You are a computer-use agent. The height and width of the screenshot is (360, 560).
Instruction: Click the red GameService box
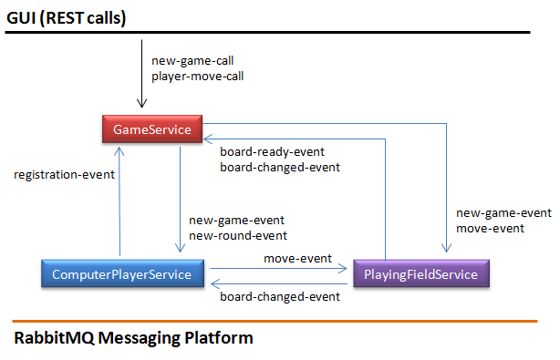[152, 129]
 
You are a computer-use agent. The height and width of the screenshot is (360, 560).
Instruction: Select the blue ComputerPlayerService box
[122, 273]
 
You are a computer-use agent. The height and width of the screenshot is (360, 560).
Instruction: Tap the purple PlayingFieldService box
[421, 273]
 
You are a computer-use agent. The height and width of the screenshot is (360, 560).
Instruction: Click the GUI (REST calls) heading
[66, 18]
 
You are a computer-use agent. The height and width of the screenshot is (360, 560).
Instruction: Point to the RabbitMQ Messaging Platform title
[133, 338]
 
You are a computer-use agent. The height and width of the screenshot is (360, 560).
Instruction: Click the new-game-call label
[192, 61]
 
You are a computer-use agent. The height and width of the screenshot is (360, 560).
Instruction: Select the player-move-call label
[198, 76]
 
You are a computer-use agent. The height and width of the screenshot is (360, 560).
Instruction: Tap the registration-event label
[64, 174]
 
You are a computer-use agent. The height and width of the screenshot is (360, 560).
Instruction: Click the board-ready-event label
[272, 151]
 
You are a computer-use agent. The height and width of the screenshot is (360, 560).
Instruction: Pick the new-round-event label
[238, 235]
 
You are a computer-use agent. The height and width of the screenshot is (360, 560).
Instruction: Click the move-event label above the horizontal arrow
[298, 258]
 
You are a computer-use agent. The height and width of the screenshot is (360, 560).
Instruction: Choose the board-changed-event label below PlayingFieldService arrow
[280, 296]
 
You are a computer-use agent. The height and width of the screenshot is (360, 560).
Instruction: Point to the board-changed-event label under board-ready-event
[280, 167]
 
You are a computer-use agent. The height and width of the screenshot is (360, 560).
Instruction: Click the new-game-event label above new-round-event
[236, 221]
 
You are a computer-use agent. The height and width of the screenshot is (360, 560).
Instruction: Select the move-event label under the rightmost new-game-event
[490, 229]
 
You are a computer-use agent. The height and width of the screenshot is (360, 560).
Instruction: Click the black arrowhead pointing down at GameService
[141, 104]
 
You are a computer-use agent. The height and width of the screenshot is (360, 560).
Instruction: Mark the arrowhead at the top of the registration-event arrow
[119, 151]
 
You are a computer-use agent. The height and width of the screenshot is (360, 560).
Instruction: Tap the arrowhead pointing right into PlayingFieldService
[343, 268]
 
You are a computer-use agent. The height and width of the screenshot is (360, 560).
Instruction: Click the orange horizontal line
[275, 322]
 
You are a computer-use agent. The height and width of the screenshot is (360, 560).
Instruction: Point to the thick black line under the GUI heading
[267, 33]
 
